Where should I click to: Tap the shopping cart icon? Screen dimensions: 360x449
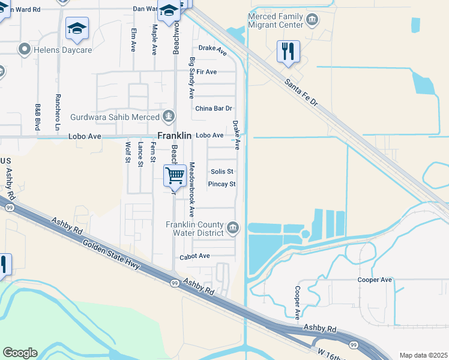pos(175,176)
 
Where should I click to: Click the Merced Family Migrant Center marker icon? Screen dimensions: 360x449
pos(312,20)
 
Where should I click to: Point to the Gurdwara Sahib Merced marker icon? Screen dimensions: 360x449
pos(170,116)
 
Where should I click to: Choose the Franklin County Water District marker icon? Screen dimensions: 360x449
pos(234,227)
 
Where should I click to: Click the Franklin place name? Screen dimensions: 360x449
pos(174,136)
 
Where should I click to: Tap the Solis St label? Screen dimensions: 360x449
pos(221,172)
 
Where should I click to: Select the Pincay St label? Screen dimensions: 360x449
pos(221,184)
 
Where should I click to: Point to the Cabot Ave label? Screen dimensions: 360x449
pos(194,256)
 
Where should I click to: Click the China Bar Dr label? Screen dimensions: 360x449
pos(213,109)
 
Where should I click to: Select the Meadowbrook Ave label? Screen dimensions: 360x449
pos(192,190)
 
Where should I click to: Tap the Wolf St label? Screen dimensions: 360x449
pos(127,152)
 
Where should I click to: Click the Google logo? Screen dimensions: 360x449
pos(20,353)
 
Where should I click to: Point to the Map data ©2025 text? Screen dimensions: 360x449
pos(423,355)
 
